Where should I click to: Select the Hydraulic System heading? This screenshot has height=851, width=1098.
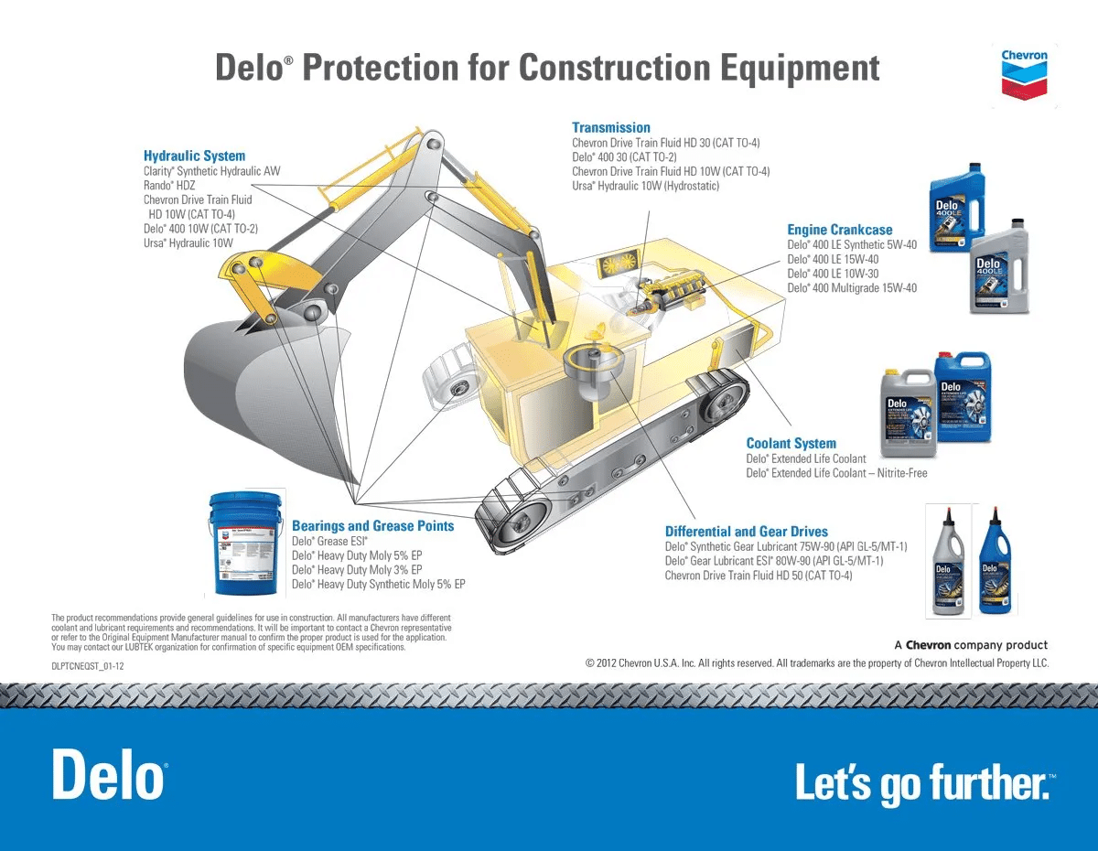pyautogui.click(x=194, y=156)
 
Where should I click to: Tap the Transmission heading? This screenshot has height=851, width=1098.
pyautogui.click(x=610, y=127)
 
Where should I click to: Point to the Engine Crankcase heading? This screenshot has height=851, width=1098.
pyautogui.click(x=839, y=230)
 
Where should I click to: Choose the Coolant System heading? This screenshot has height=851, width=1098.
pyautogui.click(x=791, y=443)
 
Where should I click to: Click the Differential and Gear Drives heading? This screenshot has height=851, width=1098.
pyautogui.click(x=746, y=531)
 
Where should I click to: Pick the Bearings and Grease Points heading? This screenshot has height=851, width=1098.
pyautogui.click(x=372, y=525)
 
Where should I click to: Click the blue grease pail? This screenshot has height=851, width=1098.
pyautogui.click(x=245, y=542)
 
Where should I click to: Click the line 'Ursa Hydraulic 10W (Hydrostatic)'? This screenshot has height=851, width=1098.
pyautogui.click(x=645, y=186)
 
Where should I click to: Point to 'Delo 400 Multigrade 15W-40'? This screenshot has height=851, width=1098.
pyautogui.click(x=851, y=288)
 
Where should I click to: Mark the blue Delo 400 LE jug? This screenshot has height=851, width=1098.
pyautogui.click(x=957, y=209)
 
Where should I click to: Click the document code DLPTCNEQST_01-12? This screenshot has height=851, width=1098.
pyautogui.click(x=87, y=666)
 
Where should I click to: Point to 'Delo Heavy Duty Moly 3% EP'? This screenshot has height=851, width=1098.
pyautogui.click(x=357, y=569)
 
